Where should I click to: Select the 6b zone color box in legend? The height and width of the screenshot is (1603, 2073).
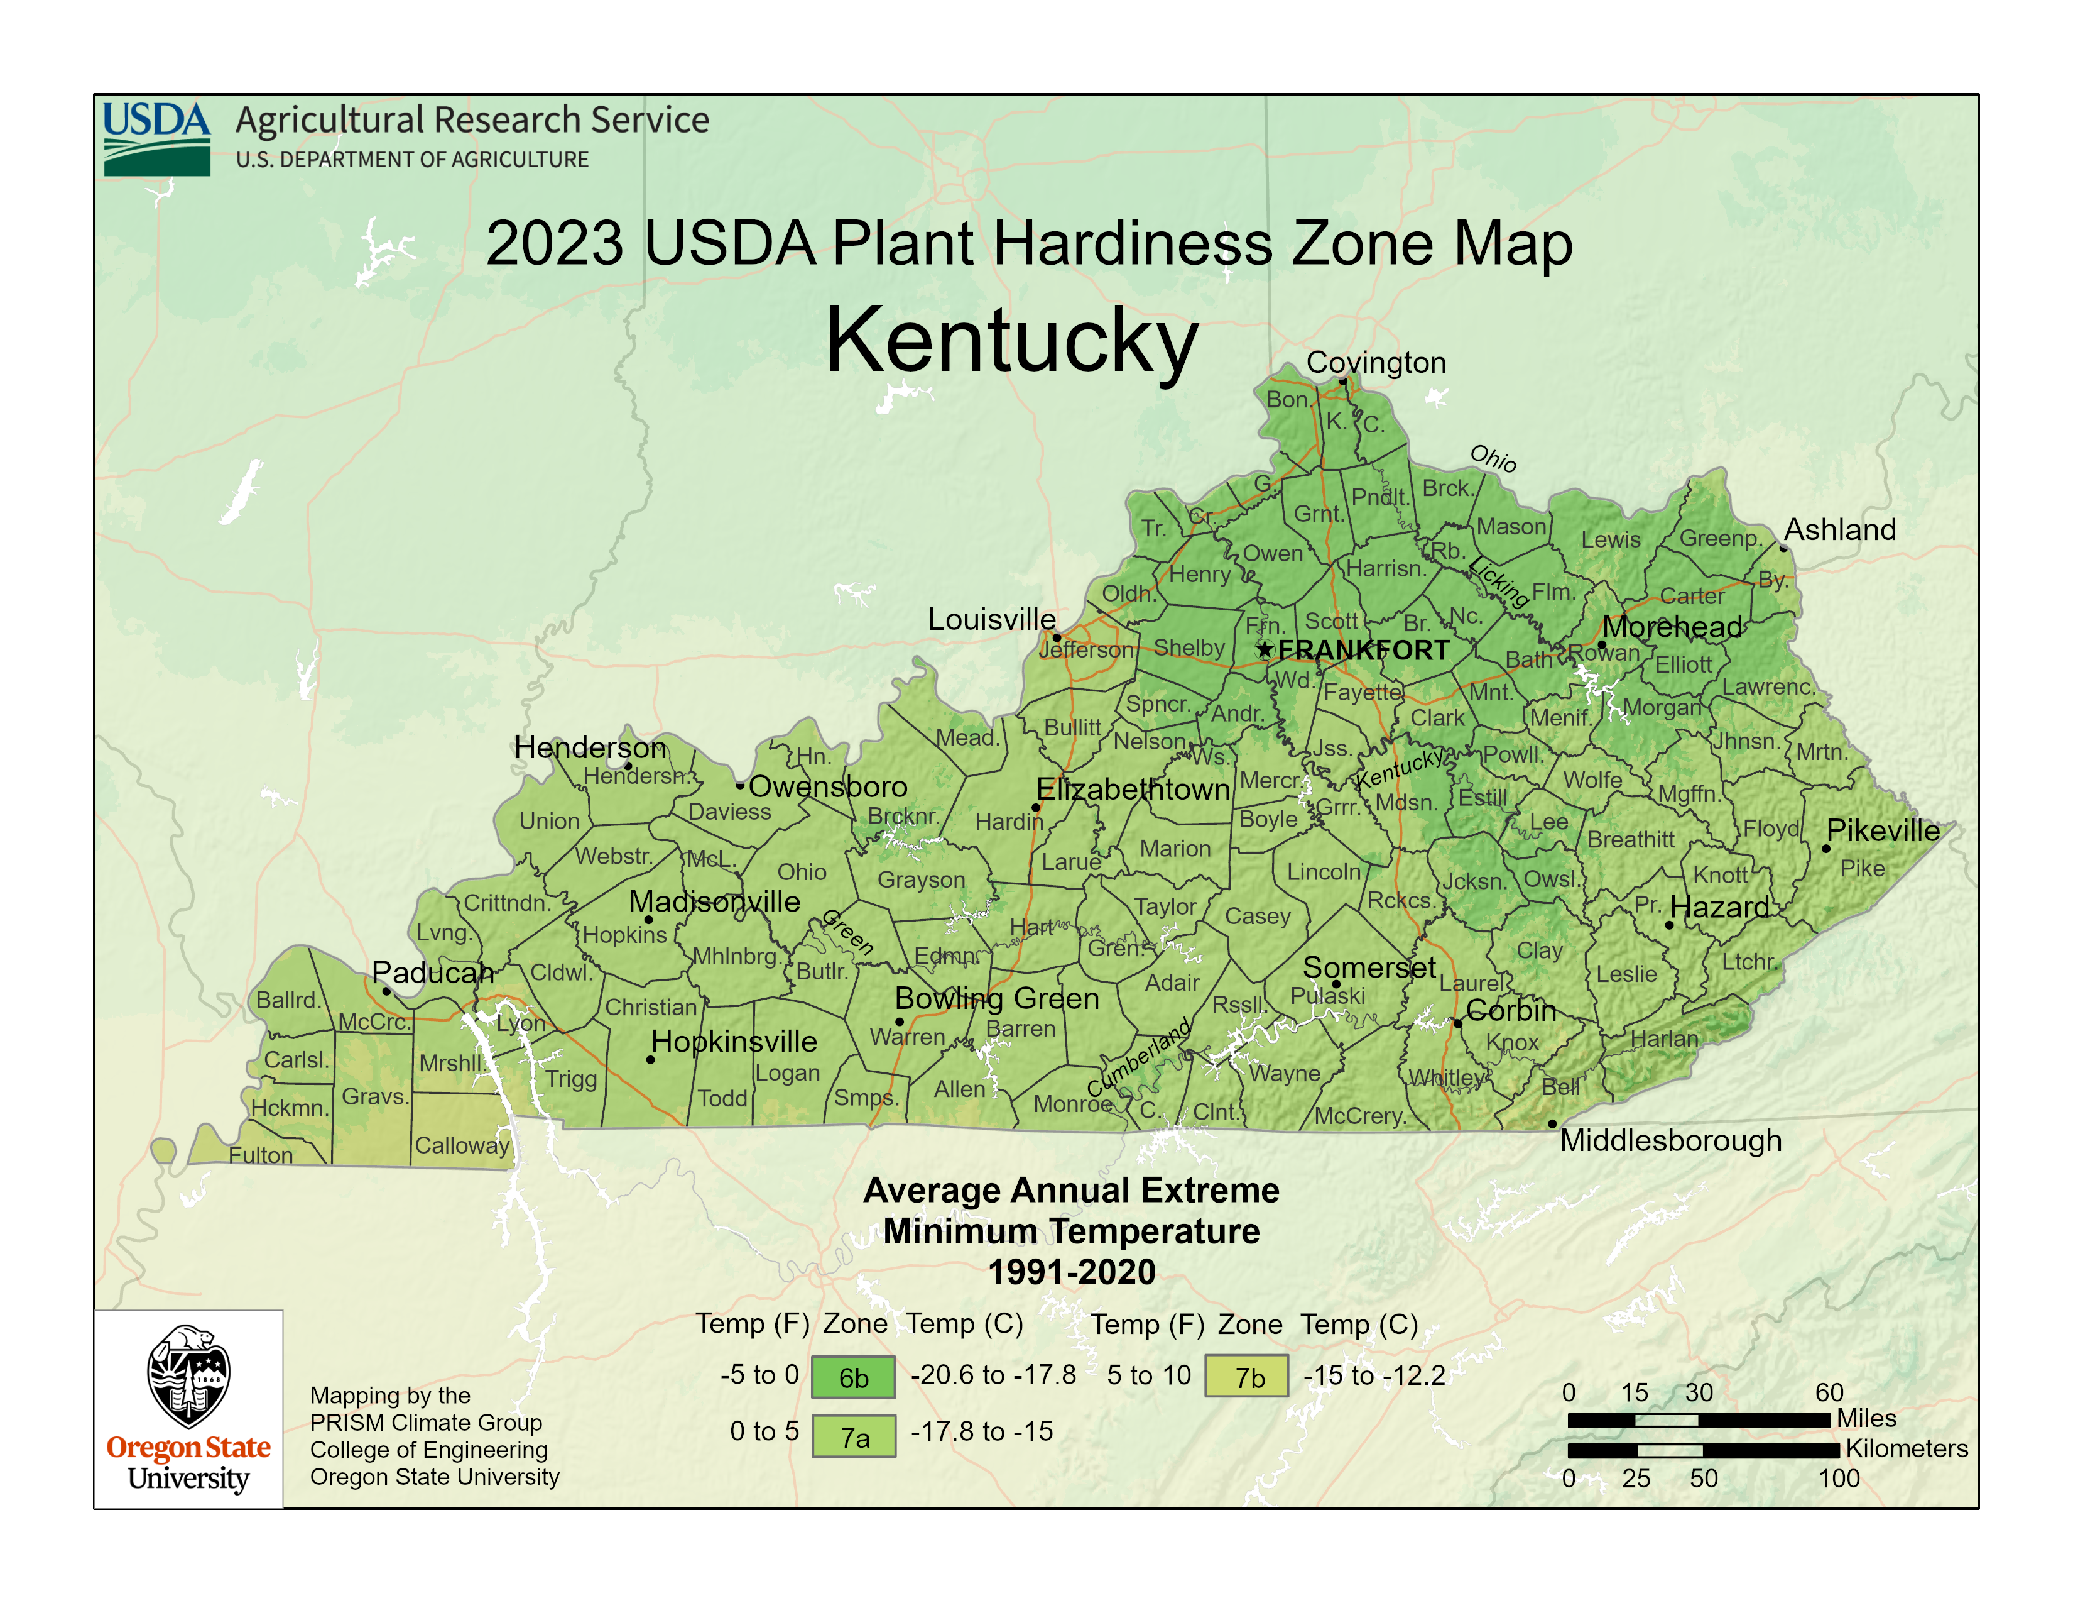pyautogui.click(x=852, y=1377)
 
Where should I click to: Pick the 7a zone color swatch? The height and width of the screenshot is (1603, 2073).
pyautogui.click(x=853, y=1436)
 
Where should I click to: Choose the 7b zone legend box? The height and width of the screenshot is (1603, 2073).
pyautogui.click(x=1246, y=1376)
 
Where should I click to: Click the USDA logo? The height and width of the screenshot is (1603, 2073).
pyautogui.click(x=156, y=139)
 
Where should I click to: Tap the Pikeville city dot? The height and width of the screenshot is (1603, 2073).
pyautogui.click(x=1825, y=848)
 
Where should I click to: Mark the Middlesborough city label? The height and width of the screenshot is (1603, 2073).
pyautogui.click(x=1670, y=1140)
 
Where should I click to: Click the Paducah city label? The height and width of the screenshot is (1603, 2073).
pyautogui.click(x=433, y=972)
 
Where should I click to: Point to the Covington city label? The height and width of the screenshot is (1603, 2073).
pyautogui.click(x=1375, y=362)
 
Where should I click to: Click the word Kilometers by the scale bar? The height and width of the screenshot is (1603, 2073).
pyautogui.click(x=1906, y=1448)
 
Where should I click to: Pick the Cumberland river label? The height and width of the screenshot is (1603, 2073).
pyautogui.click(x=1138, y=1058)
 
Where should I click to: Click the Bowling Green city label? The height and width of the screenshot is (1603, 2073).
pyautogui.click(x=997, y=998)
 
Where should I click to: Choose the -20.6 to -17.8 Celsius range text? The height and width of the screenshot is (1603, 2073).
pyautogui.click(x=993, y=1375)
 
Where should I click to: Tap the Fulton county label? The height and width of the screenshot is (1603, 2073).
pyautogui.click(x=261, y=1155)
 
